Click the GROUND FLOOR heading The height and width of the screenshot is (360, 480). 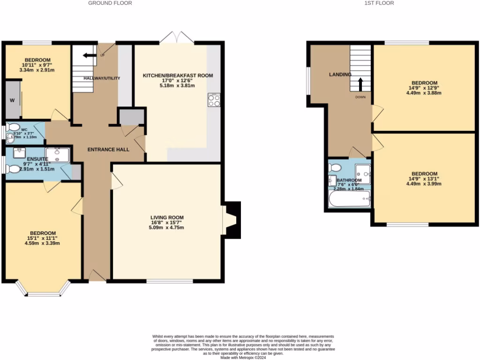tap(110, 3)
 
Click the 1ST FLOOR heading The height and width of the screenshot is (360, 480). tap(380, 3)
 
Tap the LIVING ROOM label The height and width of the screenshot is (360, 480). tap(167, 217)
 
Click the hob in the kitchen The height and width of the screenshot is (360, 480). tap(214, 100)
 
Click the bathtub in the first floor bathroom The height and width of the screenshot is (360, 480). tap(349, 199)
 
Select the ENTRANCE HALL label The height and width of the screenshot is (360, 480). tap(108, 150)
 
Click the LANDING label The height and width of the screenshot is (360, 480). tap(340, 75)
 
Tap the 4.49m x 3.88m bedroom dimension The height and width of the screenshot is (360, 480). tap(424, 93)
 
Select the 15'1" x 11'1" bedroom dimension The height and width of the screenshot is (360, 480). tap(43, 238)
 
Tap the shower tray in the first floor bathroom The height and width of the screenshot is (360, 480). tap(363, 174)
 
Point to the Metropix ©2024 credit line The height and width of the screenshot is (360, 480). tap(243, 357)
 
